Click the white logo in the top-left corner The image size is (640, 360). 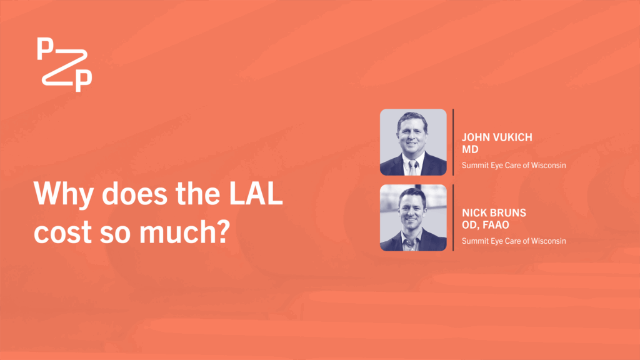pyautogui.click(x=64, y=64)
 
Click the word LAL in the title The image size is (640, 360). pyautogui.click(x=256, y=193)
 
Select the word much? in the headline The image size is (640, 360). pyautogui.click(x=184, y=231)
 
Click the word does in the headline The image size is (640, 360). pyautogui.click(x=134, y=193)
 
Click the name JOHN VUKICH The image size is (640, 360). pyautogui.click(x=497, y=137)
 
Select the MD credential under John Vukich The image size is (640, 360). pyautogui.click(x=470, y=149)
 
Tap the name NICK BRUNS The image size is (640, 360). pyautogui.click(x=494, y=212)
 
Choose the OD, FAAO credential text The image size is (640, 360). pyautogui.click(x=485, y=225)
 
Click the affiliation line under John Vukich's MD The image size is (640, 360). pyautogui.click(x=514, y=165)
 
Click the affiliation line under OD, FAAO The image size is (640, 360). pyautogui.click(x=514, y=241)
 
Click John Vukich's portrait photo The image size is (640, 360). pyautogui.click(x=413, y=142)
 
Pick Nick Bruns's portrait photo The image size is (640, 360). pyautogui.click(x=413, y=217)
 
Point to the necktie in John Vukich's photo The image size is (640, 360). pyautogui.click(x=412, y=167)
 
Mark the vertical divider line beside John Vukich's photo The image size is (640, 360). pyautogui.click(x=453, y=142)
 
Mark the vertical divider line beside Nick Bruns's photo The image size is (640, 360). pyautogui.click(x=453, y=217)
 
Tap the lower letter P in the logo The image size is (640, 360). pyautogui.click(x=84, y=81)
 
